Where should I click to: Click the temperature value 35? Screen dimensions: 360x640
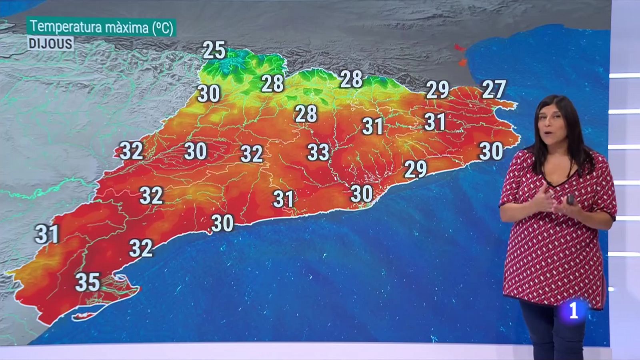point(88,282)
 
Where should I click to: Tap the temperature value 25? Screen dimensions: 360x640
point(214,50)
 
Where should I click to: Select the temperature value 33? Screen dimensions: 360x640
point(318,152)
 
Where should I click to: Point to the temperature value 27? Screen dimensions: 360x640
point(494,89)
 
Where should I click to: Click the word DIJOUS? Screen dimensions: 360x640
point(50,43)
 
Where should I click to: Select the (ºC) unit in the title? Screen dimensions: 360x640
point(162,28)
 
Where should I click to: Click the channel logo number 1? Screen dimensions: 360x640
point(574,310)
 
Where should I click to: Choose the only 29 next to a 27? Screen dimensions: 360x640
point(437,90)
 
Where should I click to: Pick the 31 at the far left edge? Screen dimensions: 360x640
point(47,234)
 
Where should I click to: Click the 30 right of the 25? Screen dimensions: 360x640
point(208,94)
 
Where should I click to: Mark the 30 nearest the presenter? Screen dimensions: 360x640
point(491,151)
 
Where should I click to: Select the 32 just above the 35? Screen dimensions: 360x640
point(141,248)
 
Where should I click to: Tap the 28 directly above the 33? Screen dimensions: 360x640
point(306,114)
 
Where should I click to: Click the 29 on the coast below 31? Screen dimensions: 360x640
point(416,169)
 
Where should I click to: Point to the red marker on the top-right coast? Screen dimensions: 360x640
point(459,48)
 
